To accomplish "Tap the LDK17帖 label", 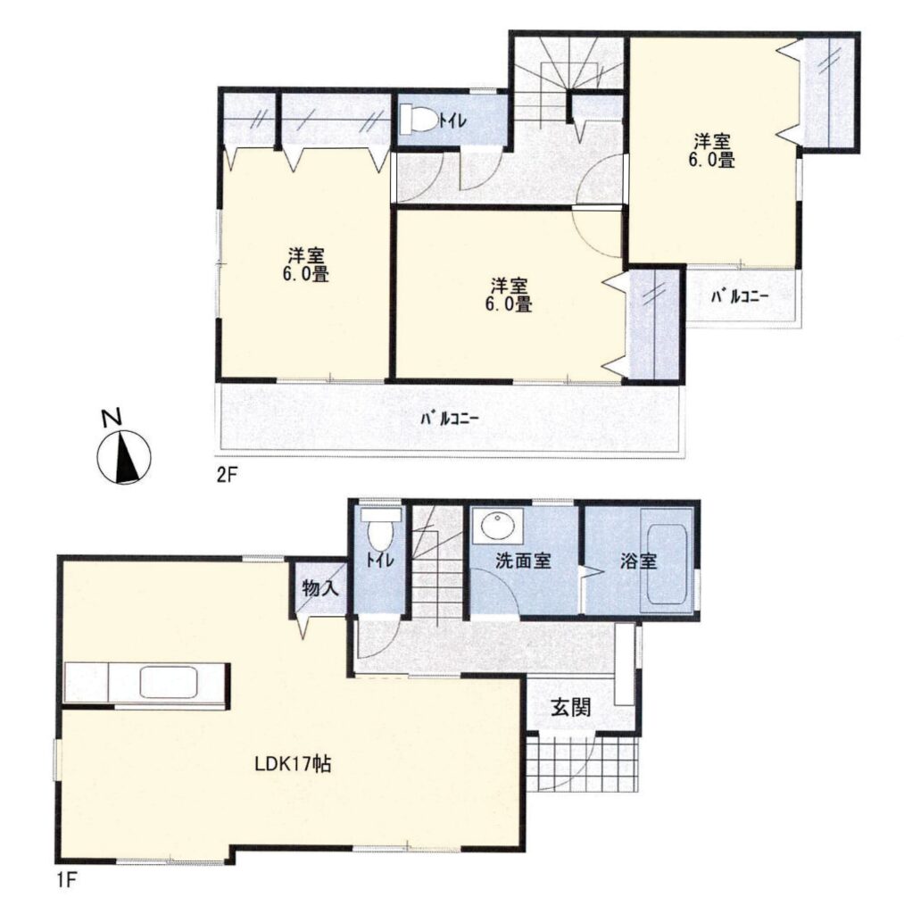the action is (294, 763).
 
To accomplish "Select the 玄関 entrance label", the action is (571, 707).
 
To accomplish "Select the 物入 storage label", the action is (320, 587).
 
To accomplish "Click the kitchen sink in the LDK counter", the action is (169, 682).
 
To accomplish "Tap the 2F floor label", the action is (226, 475).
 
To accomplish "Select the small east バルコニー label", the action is (739, 296).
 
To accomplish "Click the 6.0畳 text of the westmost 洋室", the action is (306, 274).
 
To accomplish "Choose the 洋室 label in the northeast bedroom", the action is (711, 141).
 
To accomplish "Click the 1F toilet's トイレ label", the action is (380, 561).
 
